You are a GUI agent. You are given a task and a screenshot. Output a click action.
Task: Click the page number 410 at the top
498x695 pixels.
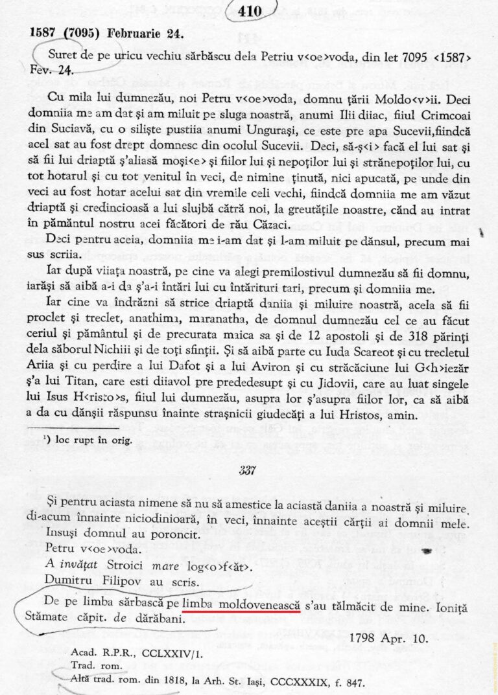pos(250,10)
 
